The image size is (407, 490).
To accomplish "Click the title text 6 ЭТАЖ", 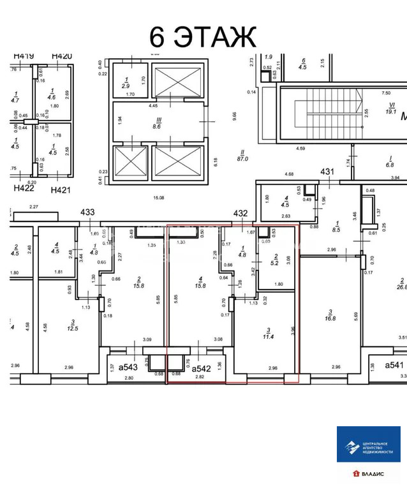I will (x=202, y=36).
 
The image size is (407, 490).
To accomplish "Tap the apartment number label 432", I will (x=241, y=213).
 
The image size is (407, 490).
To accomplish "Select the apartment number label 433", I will (x=87, y=213).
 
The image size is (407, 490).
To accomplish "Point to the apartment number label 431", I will (x=327, y=172).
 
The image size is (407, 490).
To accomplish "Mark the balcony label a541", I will (x=396, y=365).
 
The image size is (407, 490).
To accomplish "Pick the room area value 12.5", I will (x=73, y=329).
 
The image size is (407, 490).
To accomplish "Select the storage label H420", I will (x=62, y=56).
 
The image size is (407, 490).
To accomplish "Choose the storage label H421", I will (x=62, y=189).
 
